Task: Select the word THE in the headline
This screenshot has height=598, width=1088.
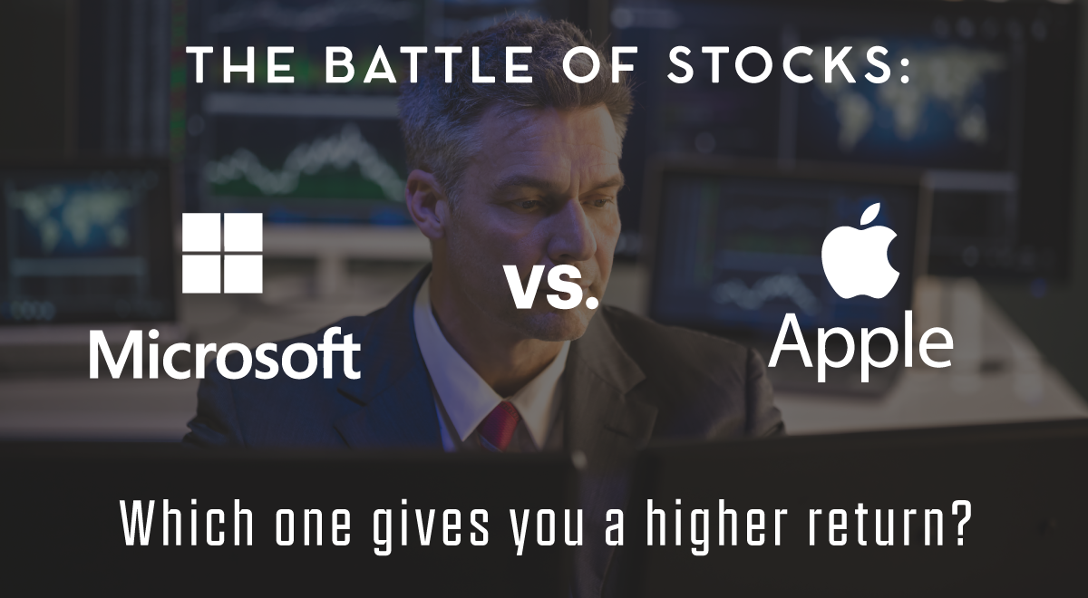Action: [242, 65]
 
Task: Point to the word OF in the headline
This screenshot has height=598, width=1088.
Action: [600, 65]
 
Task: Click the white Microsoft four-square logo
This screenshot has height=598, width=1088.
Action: [222, 253]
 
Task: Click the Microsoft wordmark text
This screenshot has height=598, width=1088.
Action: [225, 352]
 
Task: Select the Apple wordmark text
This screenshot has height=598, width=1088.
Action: [860, 346]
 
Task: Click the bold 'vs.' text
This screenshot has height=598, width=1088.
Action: [552, 287]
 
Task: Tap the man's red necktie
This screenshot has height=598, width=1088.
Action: [500, 426]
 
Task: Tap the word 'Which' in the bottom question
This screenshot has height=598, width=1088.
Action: [187, 525]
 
